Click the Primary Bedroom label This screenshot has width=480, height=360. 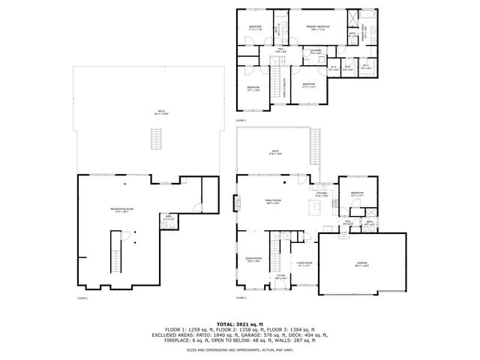coord(319,28)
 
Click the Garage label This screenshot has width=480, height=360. coord(361,263)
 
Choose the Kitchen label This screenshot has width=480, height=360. coord(322,194)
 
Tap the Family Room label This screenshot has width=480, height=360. coord(272,202)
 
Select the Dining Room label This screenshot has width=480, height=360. coord(253,259)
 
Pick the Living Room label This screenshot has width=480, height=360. coord(304,263)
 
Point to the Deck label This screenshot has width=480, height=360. coord(274,153)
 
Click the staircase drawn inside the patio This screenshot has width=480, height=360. coord(157,139)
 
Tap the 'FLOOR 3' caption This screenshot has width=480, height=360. coord(241,120)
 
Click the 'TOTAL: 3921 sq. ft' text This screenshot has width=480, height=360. coord(239,323)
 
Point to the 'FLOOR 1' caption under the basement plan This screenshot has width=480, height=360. coord(82,298)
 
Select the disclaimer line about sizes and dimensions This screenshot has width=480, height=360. coord(239,349)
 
